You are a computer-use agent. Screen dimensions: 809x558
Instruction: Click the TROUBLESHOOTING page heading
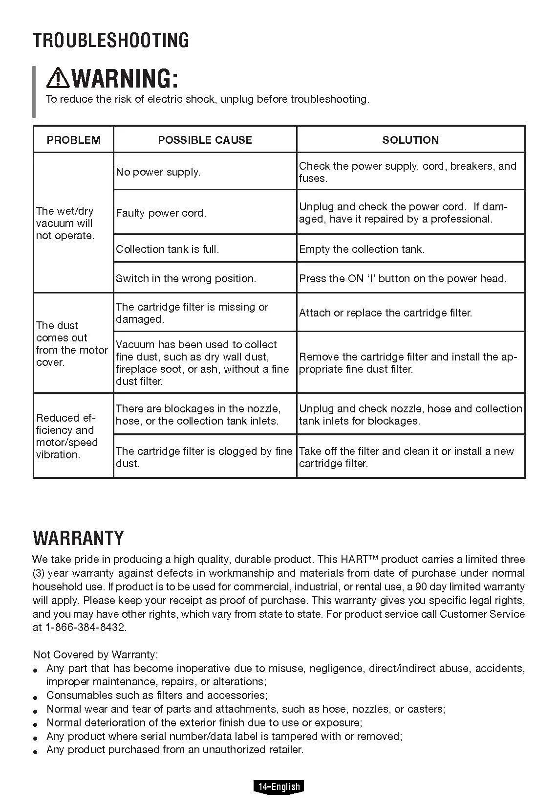[x=111, y=40]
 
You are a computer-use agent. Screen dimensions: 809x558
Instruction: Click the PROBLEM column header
[x=73, y=140]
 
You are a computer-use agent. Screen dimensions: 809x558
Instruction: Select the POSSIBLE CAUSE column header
[x=205, y=140]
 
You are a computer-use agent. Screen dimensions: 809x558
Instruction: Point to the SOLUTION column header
[x=410, y=140]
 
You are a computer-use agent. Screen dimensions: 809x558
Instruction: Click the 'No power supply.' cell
[x=158, y=172]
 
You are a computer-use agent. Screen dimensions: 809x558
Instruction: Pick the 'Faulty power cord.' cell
[x=161, y=213]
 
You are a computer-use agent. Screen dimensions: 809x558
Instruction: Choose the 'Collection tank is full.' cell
[x=168, y=249]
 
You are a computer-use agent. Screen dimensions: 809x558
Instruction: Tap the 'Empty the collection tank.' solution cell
[x=362, y=249]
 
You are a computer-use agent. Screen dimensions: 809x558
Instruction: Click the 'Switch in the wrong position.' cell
[x=186, y=279]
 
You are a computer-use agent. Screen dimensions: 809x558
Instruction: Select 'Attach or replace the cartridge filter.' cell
[x=386, y=313]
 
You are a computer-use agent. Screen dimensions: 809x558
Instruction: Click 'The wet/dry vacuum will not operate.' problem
[x=65, y=224]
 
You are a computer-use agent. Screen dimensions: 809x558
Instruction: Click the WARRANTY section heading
[x=78, y=538]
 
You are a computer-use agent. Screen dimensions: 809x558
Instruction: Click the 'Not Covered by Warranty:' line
[x=95, y=654]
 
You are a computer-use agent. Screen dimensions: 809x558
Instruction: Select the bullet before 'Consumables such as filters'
[x=36, y=697]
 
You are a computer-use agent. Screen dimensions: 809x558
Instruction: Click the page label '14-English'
[x=279, y=787]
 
